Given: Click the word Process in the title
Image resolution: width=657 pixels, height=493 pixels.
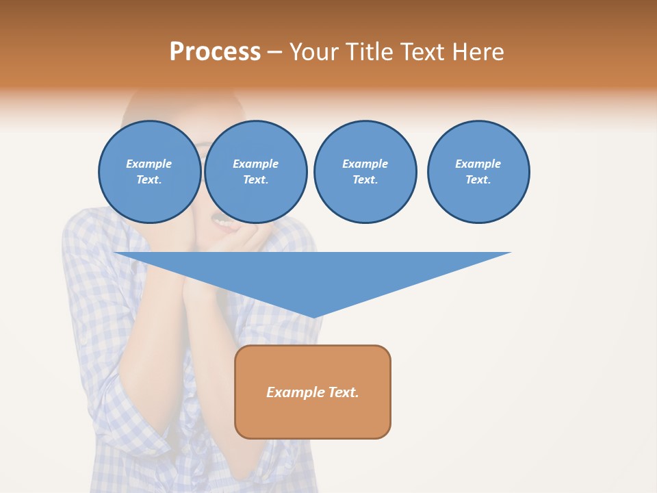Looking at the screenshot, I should pos(215,52).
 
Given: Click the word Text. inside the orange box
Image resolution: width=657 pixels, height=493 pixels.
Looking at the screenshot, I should pos(343,392).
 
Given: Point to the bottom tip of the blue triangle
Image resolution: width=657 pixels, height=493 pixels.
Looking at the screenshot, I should pos(313,316).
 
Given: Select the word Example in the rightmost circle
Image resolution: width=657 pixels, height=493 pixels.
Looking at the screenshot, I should pos(478,164).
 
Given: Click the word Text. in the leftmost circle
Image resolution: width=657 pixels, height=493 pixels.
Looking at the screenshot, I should pos(149,180).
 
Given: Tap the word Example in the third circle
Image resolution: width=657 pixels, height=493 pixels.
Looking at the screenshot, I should pos(365,164).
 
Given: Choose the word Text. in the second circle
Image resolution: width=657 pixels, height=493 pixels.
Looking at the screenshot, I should pos(255,180).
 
